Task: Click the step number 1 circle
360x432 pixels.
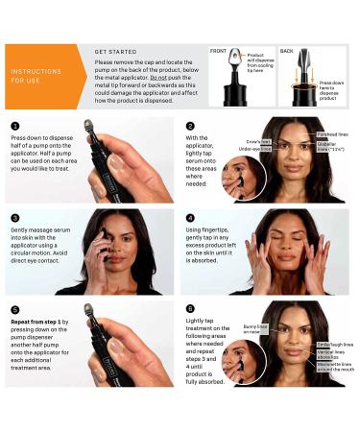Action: point(13,126)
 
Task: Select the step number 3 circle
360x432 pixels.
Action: point(13,219)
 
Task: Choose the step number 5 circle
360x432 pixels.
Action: point(13,310)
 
